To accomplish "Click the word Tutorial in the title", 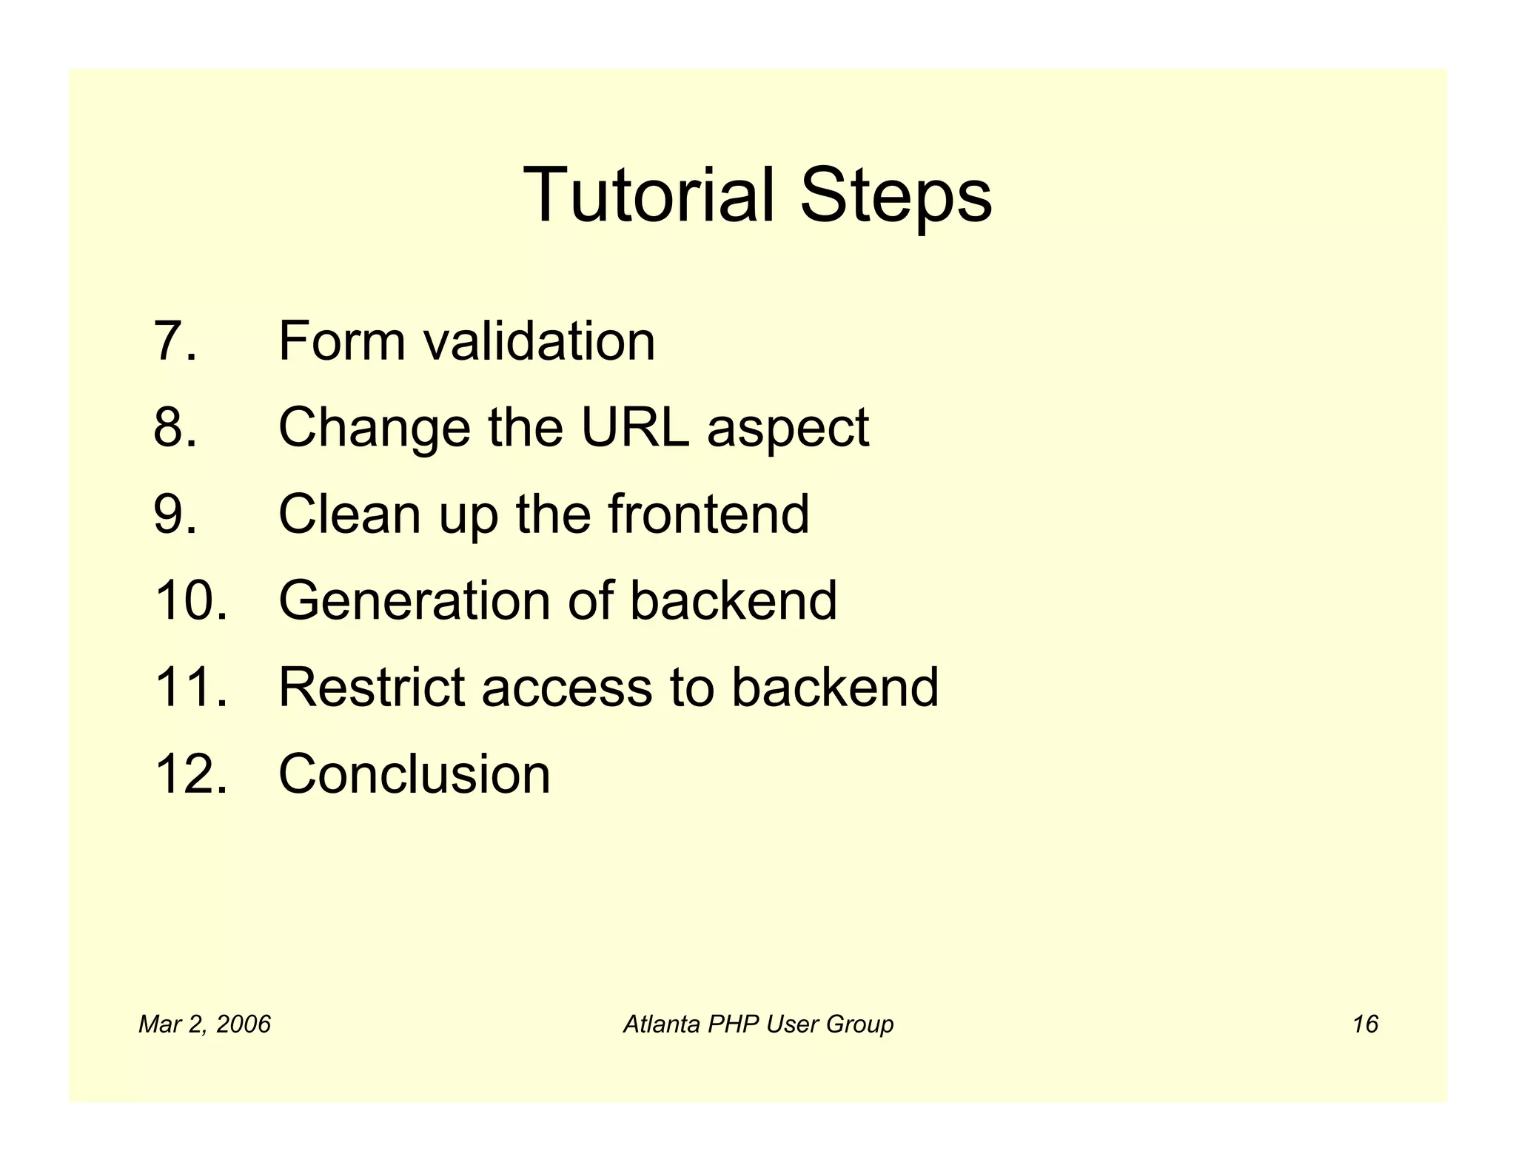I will click(x=648, y=195).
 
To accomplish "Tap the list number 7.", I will click(x=175, y=341).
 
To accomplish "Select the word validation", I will click(x=539, y=341).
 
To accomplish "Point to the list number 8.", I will click(x=175, y=428).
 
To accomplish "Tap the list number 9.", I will click(x=175, y=514).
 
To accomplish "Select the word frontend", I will click(x=708, y=514).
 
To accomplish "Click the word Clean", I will click(x=349, y=514).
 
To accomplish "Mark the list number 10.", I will click(x=190, y=600).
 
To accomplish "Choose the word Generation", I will click(x=414, y=600).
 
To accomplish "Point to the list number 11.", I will click(x=190, y=687).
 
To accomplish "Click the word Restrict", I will click(x=371, y=687).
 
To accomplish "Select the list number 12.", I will click(x=190, y=774).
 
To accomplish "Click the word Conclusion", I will click(x=414, y=774).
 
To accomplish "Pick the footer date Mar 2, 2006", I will click(x=205, y=1024).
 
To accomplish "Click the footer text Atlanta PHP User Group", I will click(x=758, y=1024).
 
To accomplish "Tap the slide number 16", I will click(x=1364, y=1024).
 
